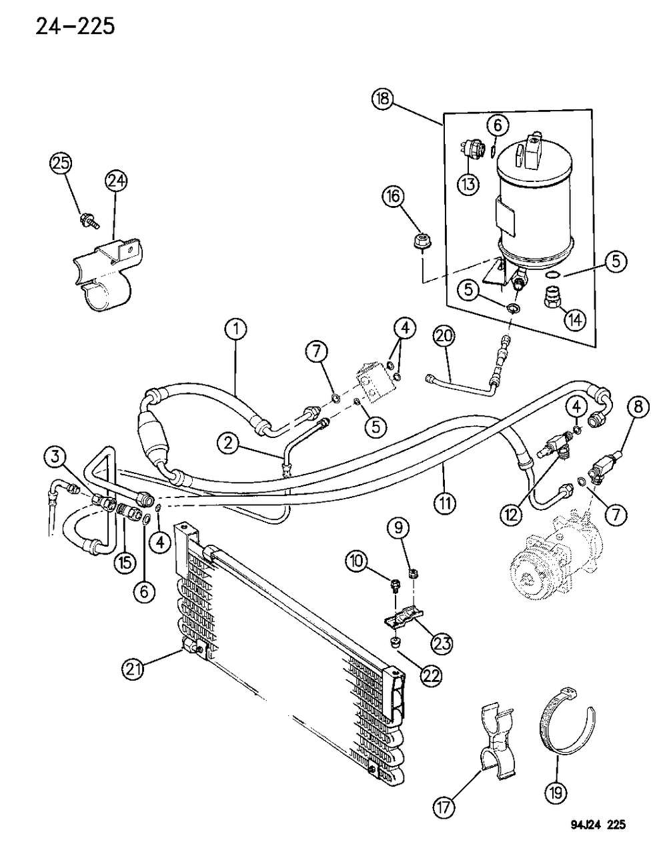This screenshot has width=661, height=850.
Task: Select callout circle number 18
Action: click(384, 100)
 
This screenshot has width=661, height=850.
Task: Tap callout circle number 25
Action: click(61, 165)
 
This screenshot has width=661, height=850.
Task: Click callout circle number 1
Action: click(235, 329)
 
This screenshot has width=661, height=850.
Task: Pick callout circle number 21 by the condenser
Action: click(134, 668)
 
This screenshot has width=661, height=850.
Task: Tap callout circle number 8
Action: click(637, 407)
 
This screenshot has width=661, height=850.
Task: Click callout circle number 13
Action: click(469, 183)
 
